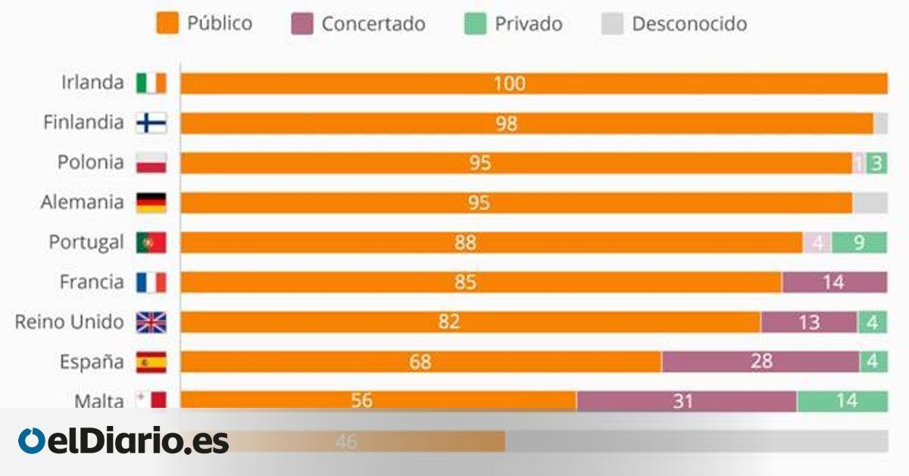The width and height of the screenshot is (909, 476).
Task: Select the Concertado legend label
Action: pos(373,23)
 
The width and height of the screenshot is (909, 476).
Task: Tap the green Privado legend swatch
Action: pos(474,23)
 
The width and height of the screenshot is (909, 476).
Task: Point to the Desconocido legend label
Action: pos(689,23)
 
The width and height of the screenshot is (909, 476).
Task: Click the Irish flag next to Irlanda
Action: pos(151,83)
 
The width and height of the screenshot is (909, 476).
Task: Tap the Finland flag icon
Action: pos(151,123)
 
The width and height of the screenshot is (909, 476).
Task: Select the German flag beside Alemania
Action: pos(151,202)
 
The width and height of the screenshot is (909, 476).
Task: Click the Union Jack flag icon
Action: pos(151,322)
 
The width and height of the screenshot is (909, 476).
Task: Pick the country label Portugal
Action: pos(86,243)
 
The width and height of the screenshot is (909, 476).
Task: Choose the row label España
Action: pos(92,362)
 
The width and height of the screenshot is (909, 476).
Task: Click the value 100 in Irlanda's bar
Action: pos(509,83)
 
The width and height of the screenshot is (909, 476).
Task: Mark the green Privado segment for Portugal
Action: pos(859,243)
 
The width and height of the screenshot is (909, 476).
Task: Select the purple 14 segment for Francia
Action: pos(834,282)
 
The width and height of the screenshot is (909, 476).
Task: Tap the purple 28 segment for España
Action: pos(761,362)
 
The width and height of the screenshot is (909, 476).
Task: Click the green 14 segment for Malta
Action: pos(842,400)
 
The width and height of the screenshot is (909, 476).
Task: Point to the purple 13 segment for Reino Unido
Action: pos(809,322)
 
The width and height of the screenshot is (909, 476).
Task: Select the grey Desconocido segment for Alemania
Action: pos(870,202)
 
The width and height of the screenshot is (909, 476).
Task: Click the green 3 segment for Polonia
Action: pos(876,163)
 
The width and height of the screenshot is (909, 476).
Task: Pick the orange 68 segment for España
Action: pos(420,362)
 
